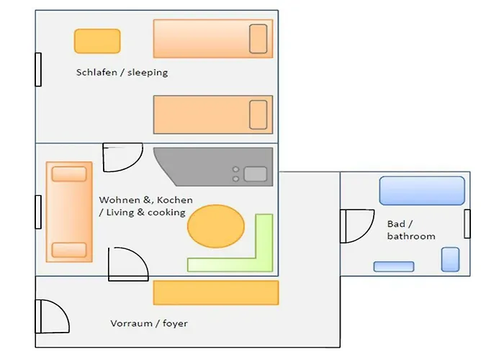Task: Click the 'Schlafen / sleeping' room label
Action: click(x=122, y=73)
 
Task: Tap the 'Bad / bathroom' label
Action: click(x=410, y=230)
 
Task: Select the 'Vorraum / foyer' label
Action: click(x=149, y=323)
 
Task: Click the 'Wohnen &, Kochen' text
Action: click(x=146, y=199)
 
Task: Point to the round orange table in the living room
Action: click(x=216, y=226)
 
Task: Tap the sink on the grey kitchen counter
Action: click(x=255, y=174)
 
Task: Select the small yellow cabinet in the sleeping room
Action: click(x=96, y=41)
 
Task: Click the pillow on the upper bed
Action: click(x=258, y=39)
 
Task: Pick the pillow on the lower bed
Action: click(x=258, y=114)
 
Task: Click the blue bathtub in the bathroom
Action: click(x=422, y=191)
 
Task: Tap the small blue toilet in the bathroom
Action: click(x=450, y=259)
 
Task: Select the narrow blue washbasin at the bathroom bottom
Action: click(x=394, y=266)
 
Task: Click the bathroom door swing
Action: click(x=358, y=225)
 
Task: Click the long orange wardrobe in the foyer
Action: click(x=215, y=292)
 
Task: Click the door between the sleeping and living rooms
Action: click(x=118, y=156)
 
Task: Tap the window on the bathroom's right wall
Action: click(x=467, y=223)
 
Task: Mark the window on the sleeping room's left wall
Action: click(x=38, y=70)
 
